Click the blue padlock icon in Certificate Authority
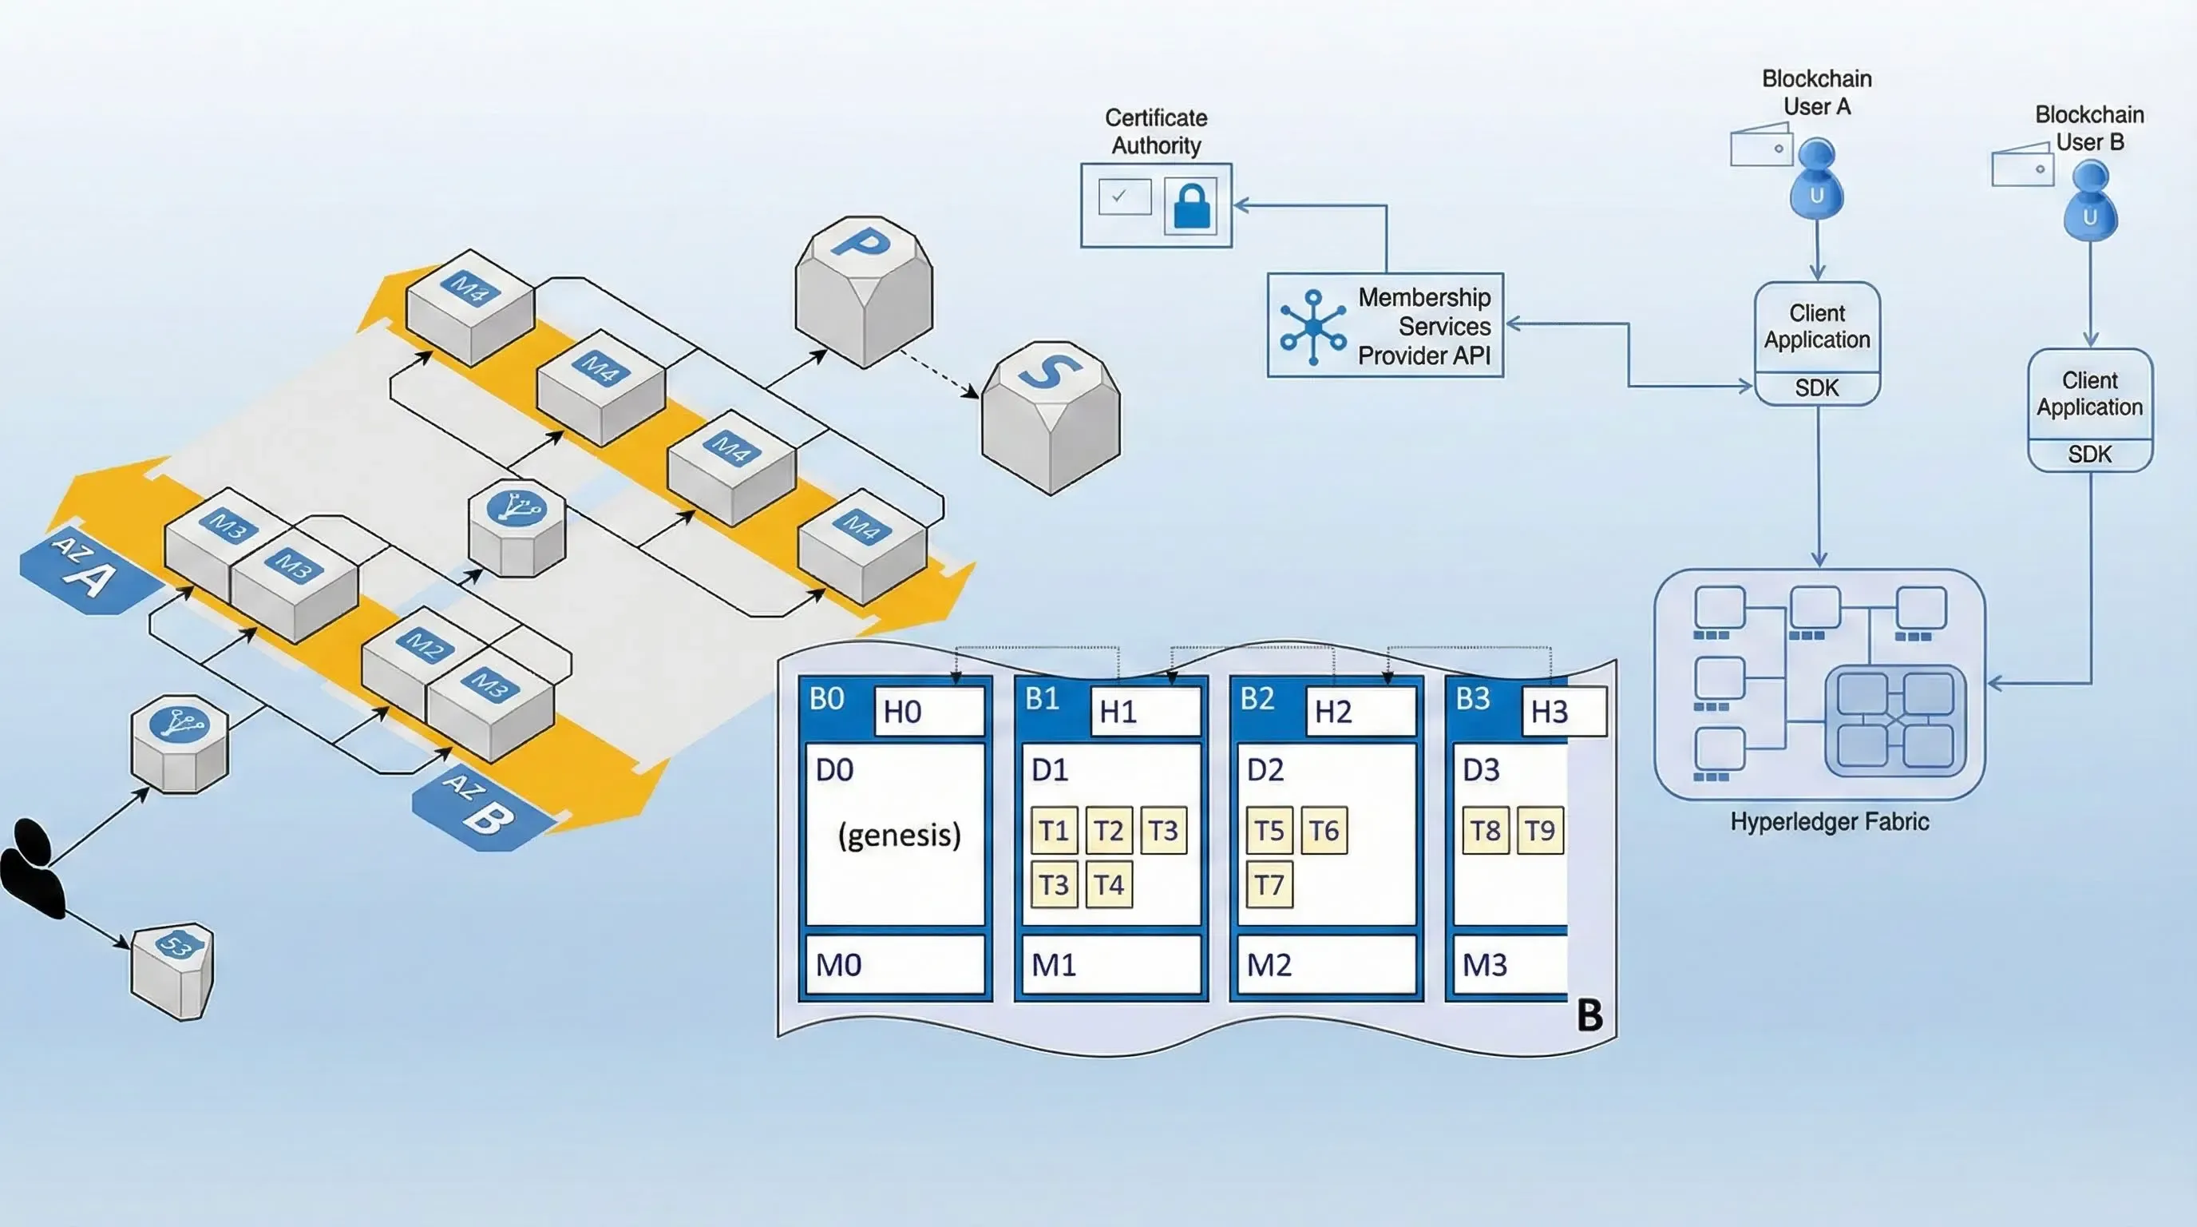(x=1190, y=205)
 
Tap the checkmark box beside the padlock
(x=1124, y=197)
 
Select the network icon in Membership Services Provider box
(x=1312, y=328)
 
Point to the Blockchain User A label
(x=1817, y=92)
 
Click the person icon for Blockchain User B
(x=2089, y=203)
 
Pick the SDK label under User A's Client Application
(x=1817, y=388)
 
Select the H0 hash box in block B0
(x=928, y=711)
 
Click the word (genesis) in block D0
(x=899, y=834)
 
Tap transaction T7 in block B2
(x=1269, y=885)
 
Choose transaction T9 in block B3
(x=1539, y=830)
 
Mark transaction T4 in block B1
(x=1109, y=885)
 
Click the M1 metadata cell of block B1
(x=1110, y=965)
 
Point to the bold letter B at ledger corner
(x=1589, y=1015)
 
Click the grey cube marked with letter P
(x=863, y=290)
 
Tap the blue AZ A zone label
(x=85, y=570)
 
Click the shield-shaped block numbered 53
(x=174, y=970)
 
